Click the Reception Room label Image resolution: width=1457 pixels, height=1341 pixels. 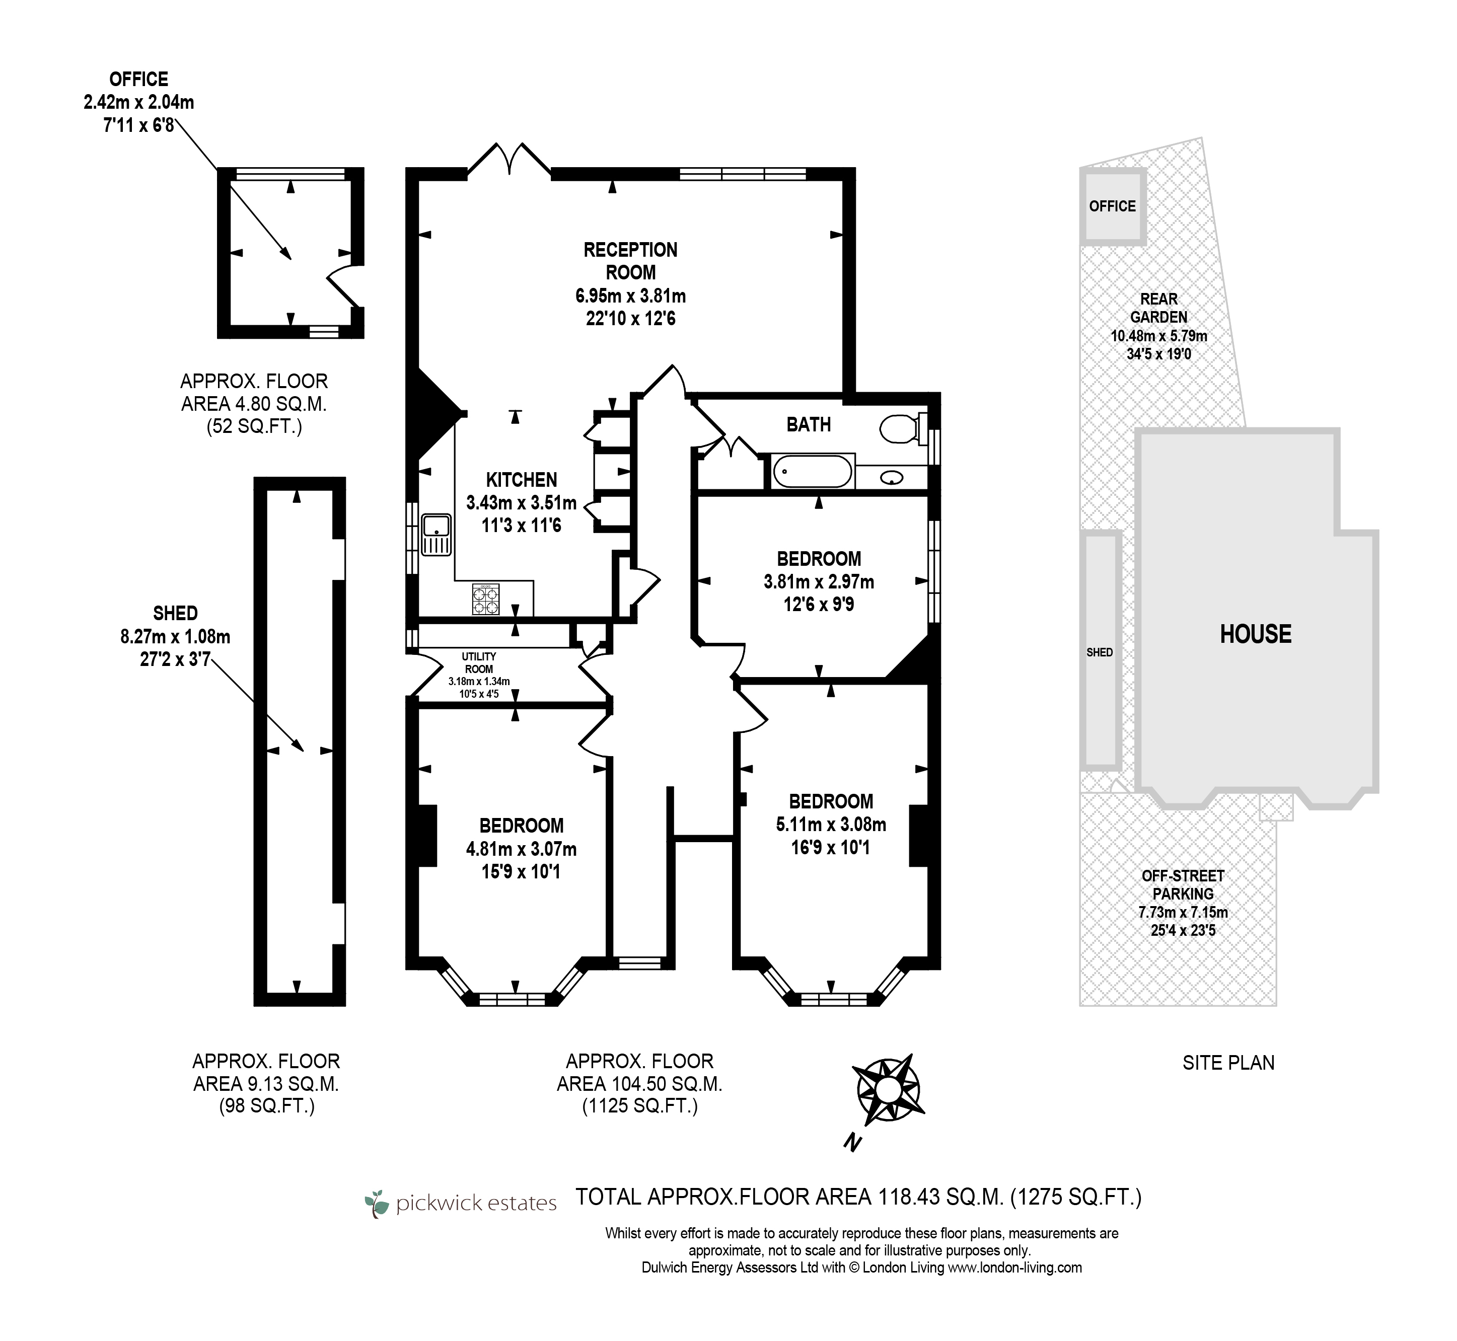pos(630,261)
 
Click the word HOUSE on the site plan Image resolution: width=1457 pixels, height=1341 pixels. pos(1255,634)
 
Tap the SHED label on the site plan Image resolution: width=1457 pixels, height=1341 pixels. pos(1099,652)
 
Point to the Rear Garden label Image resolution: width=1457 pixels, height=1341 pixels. pos(1159,308)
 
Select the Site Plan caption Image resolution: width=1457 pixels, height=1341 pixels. pos(1228,1063)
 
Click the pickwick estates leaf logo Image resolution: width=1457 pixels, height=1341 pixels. pos(377,1204)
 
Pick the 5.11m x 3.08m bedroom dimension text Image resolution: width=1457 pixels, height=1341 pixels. pos(831,825)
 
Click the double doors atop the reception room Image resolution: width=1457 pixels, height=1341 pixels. pos(509,159)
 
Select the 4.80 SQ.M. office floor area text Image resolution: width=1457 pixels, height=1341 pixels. pos(254,404)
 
